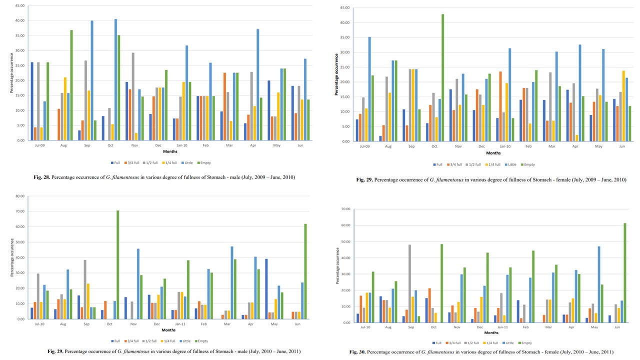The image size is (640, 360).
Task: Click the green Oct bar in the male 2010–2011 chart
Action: (118, 264)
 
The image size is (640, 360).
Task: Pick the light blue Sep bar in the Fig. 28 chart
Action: (92, 80)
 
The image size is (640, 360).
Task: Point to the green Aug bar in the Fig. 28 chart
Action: (71, 85)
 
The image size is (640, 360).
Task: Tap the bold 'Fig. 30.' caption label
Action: (357, 352)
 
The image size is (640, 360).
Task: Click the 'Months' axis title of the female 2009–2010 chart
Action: (493, 153)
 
